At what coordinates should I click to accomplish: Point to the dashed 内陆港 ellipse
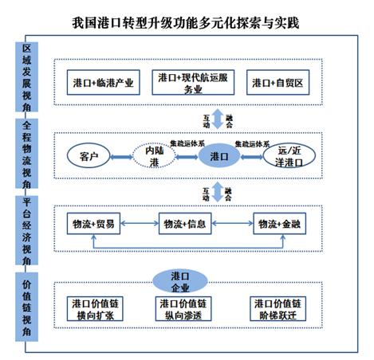point(154,155)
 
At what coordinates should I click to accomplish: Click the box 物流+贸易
point(93,224)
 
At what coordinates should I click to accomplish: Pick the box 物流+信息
point(186,224)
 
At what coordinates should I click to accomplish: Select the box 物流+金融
point(278,224)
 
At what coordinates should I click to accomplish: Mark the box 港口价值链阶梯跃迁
point(277,309)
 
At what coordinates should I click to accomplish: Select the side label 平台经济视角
point(26,232)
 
